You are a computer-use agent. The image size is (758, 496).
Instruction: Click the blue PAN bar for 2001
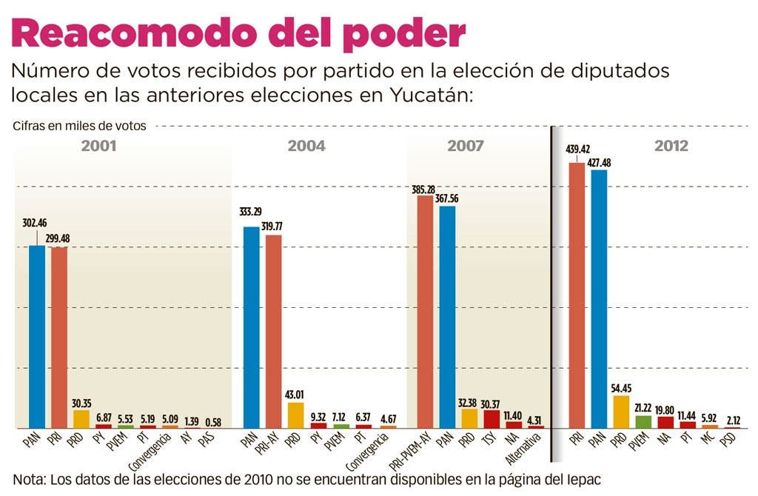point(37,337)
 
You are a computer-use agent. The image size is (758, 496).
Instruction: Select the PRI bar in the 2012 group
point(577,296)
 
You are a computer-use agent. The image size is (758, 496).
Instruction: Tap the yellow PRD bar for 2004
point(295,415)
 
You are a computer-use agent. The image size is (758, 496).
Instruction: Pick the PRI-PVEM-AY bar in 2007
point(425,311)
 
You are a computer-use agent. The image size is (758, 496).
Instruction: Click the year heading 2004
point(306,147)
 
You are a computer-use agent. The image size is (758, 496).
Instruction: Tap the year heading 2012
point(671,147)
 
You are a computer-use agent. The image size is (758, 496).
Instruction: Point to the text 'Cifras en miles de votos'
point(79,126)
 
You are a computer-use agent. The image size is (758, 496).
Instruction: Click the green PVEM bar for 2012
point(643,422)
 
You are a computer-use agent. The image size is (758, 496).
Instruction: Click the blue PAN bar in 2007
point(447,317)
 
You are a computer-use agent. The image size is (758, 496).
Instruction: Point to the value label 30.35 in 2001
point(81,403)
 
